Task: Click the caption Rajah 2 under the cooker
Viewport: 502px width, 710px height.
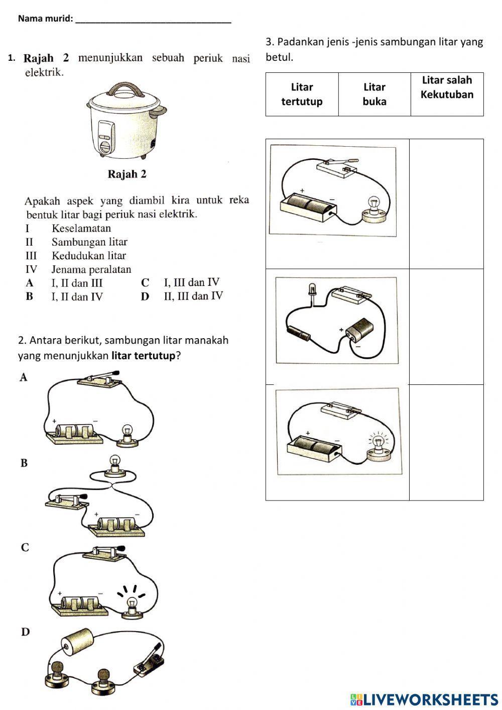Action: (x=127, y=174)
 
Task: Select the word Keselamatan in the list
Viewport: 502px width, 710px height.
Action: (x=81, y=228)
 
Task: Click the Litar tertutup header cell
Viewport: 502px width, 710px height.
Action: (x=302, y=94)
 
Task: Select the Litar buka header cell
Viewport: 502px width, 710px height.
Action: (x=374, y=94)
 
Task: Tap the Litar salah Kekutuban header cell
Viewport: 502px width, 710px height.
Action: (x=447, y=87)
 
